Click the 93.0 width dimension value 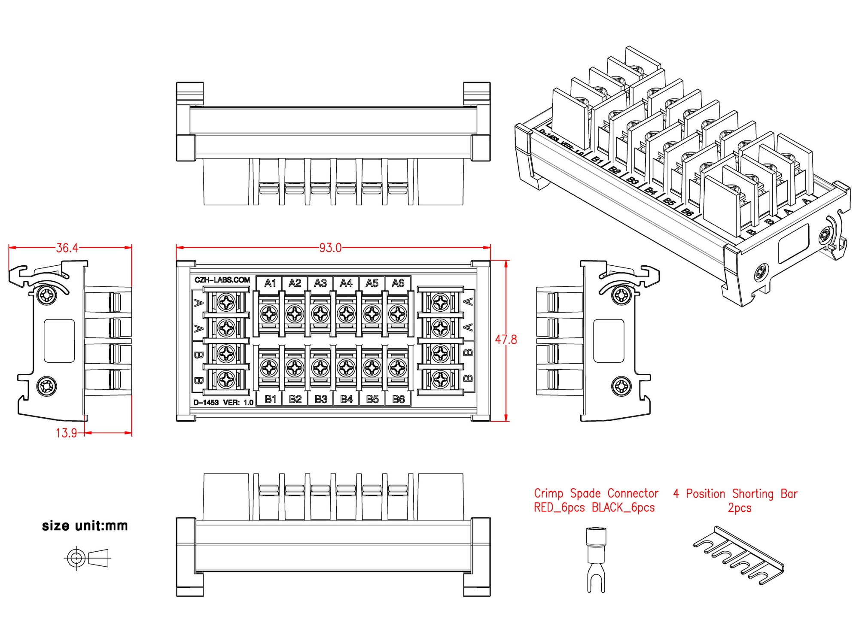pyautogui.click(x=330, y=248)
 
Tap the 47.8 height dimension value pyautogui.click(x=506, y=340)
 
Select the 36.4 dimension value pyautogui.click(x=67, y=248)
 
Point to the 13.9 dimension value pyautogui.click(x=66, y=433)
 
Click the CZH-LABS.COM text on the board pyautogui.click(x=222, y=280)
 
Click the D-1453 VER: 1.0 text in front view pyautogui.click(x=223, y=403)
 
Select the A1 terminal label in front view pyautogui.click(x=270, y=283)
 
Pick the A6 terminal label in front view pyautogui.click(x=398, y=283)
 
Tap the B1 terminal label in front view pyautogui.click(x=270, y=399)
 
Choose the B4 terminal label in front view pyautogui.click(x=346, y=399)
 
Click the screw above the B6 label pyautogui.click(x=398, y=368)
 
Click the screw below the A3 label pyautogui.click(x=320, y=314)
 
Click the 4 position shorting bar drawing pyautogui.click(x=739, y=556)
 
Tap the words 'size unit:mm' pyautogui.click(x=85, y=526)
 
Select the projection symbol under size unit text pyautogui.click(x=87, y=558)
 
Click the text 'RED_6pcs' pyautogui.click(x=559, y=508)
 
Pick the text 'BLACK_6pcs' pyautogui.click(x=623, y=508)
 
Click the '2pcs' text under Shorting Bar pyautogui.click(x=739, y=508)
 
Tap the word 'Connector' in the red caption pyautogui.click(x=633, y=494)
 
